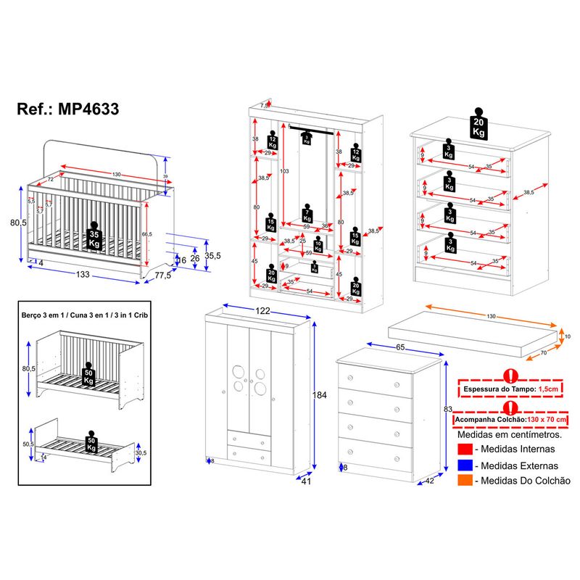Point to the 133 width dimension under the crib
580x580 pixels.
[83, 275]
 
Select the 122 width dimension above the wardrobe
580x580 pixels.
[262, 311]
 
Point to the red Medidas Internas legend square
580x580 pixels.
[465, 450]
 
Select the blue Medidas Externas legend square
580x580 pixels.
[465, 465]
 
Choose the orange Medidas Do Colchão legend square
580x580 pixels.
[465, 481]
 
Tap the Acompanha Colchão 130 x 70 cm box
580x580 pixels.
[510, 420]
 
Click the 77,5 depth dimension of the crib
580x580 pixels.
[162, 275]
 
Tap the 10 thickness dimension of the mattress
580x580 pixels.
[568, 336]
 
